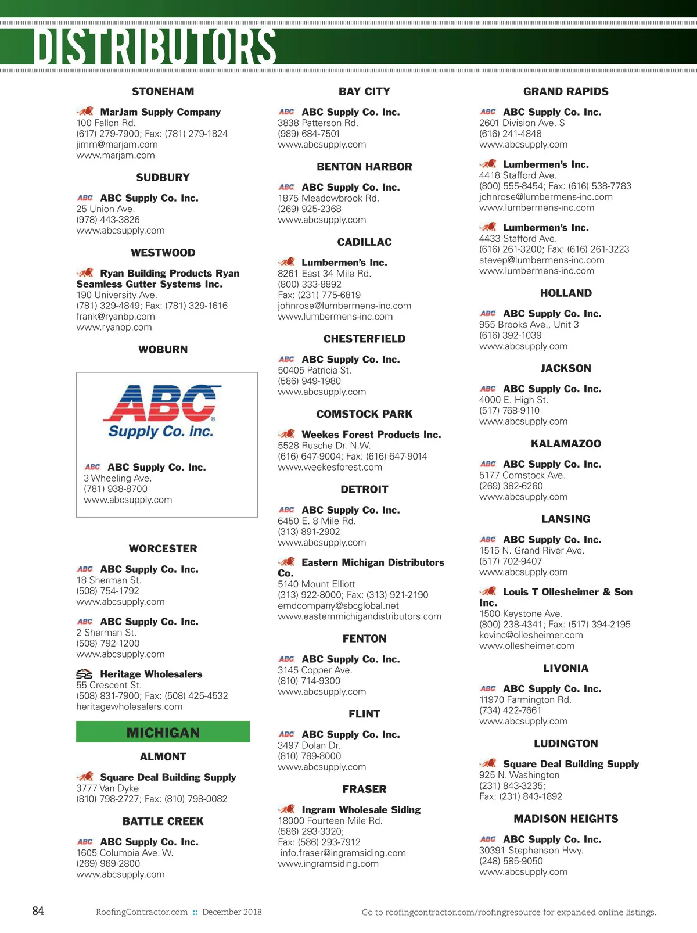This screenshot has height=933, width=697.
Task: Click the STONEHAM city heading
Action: tap(163, 91)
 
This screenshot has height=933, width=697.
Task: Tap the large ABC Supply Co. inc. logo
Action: tap(161, 411)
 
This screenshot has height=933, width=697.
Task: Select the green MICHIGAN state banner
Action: tap(163, 733)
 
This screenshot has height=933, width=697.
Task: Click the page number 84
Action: tap(38, 911)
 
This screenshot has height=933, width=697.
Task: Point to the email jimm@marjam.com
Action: tap(117, 144)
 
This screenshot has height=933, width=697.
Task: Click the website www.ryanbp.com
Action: tap(114, 327)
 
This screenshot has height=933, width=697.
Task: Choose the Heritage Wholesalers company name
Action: tap(151, 674)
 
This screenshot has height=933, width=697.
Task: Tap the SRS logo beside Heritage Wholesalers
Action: tap(85, 674)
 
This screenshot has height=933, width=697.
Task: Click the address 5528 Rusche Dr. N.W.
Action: tap(324, 446)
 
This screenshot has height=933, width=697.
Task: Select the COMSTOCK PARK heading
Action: tap(364, 414)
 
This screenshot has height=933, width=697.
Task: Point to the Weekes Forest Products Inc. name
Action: tap(371, 435)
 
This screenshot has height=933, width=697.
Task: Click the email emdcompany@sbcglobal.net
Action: tap(338, 605)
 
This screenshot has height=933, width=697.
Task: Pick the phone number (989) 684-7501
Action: tap(308, 134)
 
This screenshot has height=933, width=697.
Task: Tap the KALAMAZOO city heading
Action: tap(566, 444)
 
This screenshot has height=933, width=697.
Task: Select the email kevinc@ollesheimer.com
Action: tap(531, 635)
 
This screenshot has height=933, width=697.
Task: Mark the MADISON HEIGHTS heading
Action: tap(566, 819)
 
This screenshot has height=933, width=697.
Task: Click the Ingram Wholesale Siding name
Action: tap(361, 810)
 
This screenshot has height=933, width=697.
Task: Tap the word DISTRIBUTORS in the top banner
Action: tap(155, 46)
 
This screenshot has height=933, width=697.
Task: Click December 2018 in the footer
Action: tap(232, 912)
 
